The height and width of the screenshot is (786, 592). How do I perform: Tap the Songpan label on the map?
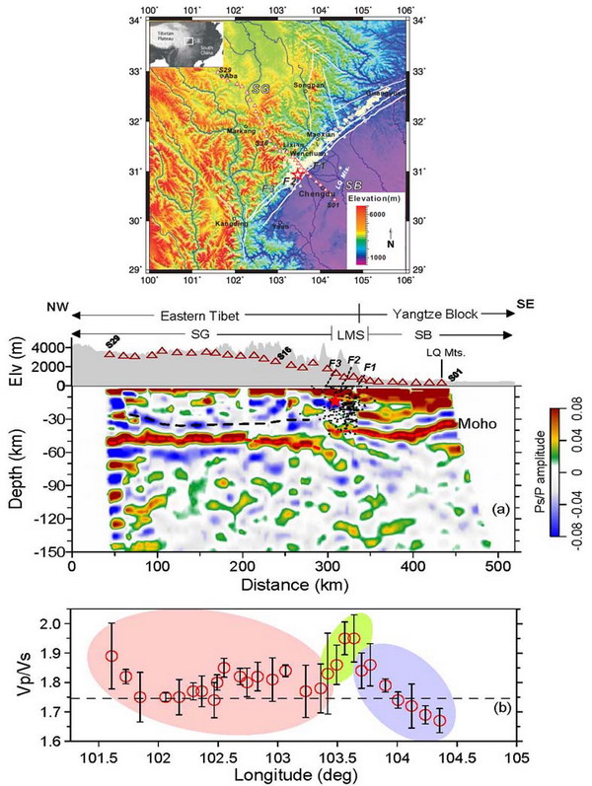tap(308, 87)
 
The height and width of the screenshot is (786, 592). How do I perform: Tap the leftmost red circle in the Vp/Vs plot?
tap(111, 656)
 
